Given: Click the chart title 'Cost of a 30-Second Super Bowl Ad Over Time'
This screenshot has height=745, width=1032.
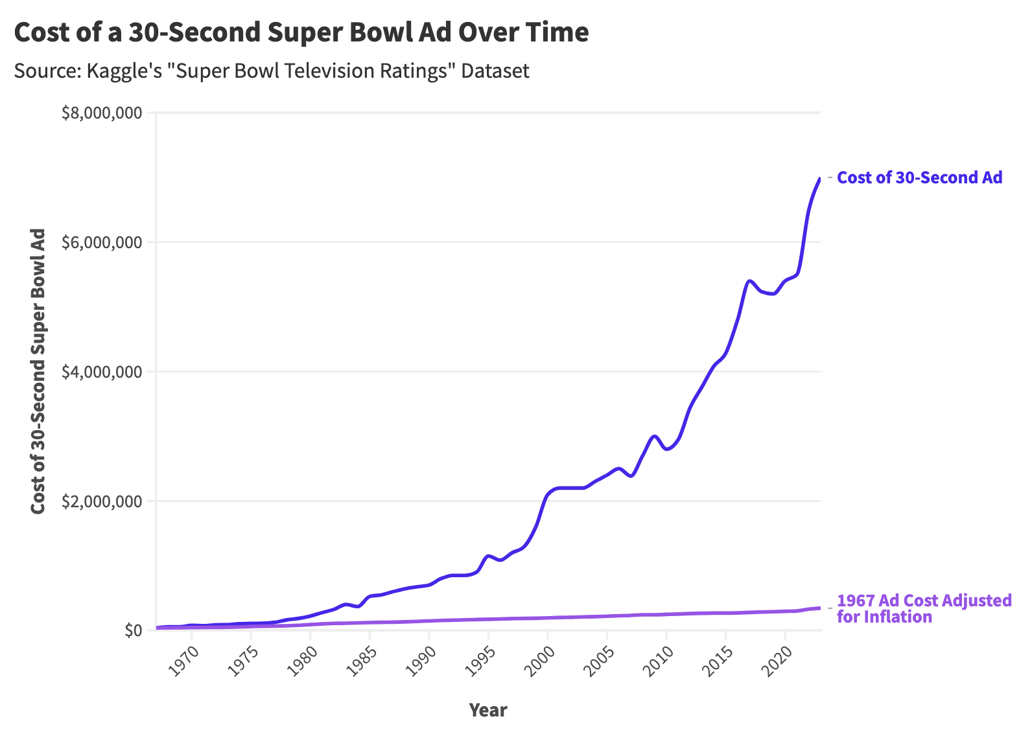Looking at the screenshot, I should click(301, 32).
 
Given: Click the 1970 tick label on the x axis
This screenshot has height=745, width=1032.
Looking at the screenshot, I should click(183, 661).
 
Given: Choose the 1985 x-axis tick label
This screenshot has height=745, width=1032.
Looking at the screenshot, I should click(362, 661).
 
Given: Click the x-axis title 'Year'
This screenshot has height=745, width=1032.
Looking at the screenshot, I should click(487, 710).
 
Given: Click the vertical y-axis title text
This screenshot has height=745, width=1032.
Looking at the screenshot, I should click(38, 371).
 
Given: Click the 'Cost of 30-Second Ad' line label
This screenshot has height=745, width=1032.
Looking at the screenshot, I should click(919, 178).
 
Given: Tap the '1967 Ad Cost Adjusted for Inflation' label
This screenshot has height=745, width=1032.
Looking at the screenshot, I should click(923, 608).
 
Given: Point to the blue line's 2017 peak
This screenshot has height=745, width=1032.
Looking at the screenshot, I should click(749, 281).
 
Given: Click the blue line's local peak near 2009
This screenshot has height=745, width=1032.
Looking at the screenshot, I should click(655, 436).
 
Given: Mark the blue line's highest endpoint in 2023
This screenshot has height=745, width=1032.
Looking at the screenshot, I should click(820, 178).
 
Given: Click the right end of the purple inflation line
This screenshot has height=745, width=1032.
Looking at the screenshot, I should click(820, 608).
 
